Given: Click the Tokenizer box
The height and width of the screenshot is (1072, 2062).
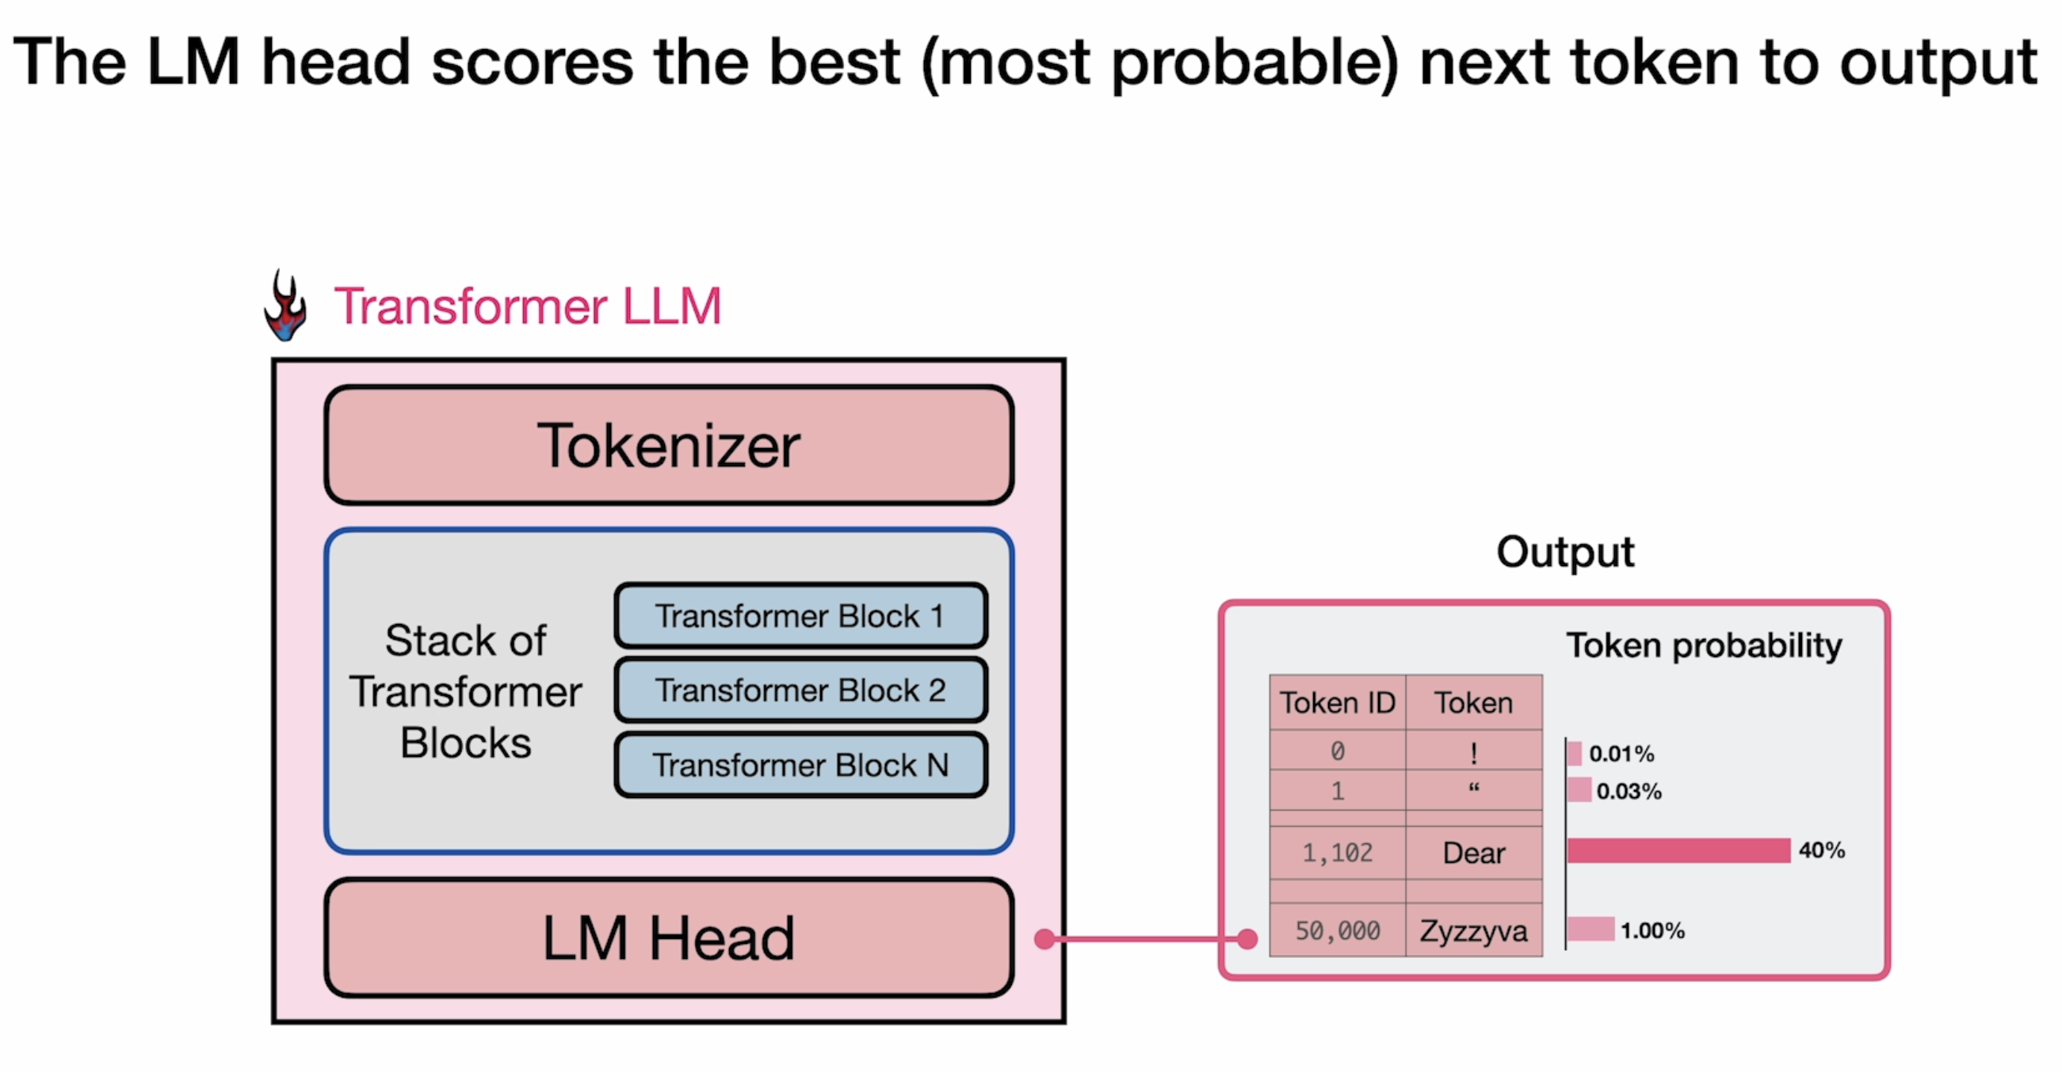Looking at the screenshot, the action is click(x=669, y=446).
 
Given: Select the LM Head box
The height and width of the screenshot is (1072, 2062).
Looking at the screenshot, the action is click(x=669, y=937).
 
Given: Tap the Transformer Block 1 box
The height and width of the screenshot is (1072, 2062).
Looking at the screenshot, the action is click(x=800, y=616).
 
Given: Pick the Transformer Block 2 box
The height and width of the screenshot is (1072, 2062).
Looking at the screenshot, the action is click(x=800, y=690).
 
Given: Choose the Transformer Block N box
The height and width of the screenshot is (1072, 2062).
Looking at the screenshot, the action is click(x=800, y=765).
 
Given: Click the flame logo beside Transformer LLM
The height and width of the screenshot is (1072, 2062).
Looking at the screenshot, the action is click(x=285, y=306).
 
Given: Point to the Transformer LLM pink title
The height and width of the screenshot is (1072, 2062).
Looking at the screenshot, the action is click(x=529, y=306).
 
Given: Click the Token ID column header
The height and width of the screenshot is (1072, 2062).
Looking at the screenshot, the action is click(x=1338, y=702).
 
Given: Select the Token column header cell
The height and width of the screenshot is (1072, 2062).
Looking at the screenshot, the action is click(x=1474, y=702).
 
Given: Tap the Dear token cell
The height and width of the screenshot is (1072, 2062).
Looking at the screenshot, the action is click(x=1474, y=853).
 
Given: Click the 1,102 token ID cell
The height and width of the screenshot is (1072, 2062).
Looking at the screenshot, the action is click(x=1338, y=853).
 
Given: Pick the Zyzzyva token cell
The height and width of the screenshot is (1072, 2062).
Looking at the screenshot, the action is click(x=1474, y=930).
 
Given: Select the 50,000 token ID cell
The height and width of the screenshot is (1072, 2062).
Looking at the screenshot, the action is click(x=1338, y=930).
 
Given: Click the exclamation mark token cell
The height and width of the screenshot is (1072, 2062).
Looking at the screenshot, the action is click(x=1474, y=751).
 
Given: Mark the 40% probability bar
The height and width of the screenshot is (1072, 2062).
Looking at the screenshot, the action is click(x=1678, y=850).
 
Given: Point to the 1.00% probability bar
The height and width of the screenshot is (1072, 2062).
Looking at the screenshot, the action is click(x=1590, y=929).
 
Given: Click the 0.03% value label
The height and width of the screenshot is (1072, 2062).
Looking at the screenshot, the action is click(x=1629, y=791).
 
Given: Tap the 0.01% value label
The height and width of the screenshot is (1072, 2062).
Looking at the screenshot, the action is click(x=1621, y=754).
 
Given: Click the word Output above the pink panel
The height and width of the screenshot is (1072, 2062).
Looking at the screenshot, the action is click(x=1565, y=552).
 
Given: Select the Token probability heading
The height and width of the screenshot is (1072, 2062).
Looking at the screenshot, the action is click(x=1704, y=645).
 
